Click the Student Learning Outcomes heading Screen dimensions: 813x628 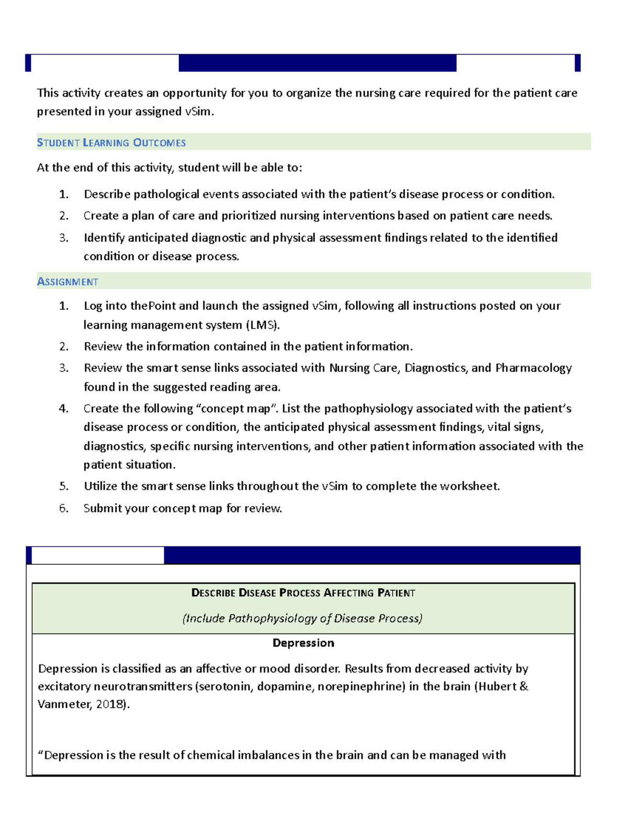click(111, 143)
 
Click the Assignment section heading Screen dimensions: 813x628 click(68, 282)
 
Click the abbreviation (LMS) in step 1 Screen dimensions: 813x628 click(263, 325)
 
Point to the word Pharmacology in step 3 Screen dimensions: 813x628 click(533, 368)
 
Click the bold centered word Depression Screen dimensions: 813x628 click(303, 643)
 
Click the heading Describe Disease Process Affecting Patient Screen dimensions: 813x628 click(303, 593)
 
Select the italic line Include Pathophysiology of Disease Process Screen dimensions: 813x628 click(302, 618)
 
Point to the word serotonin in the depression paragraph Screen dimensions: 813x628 click(226, 686)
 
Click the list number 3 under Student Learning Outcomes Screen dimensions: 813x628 click(64, 238)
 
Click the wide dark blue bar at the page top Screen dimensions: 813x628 click(317, 63)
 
